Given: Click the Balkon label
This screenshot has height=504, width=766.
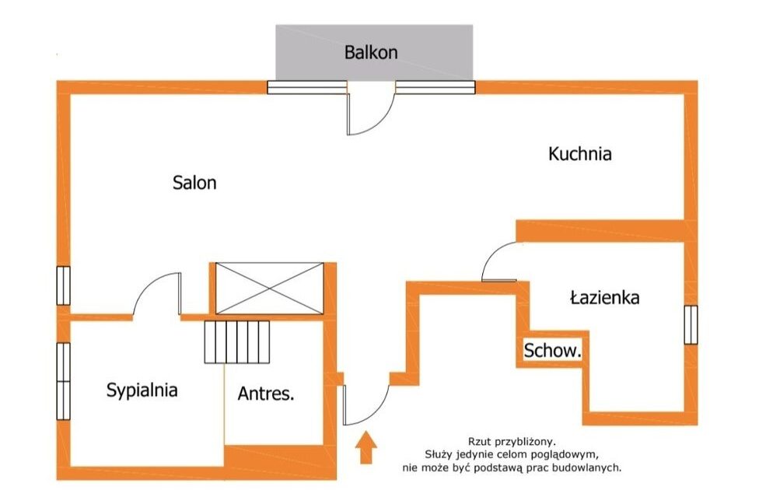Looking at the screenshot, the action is [371, 52].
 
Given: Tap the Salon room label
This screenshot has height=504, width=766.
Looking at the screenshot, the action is [194, 183].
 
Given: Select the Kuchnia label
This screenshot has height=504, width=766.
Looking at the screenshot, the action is [580, 154].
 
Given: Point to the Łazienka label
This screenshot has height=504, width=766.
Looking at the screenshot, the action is [605, 297].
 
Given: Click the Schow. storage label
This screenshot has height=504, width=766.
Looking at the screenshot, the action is [552, 350].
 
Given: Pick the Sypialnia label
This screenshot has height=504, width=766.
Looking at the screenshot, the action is [142, 390].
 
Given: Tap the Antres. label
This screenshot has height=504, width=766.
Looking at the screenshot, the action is [266, 394].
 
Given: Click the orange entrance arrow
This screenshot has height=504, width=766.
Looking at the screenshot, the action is [366, 447].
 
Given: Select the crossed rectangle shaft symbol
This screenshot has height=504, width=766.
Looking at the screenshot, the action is [270, 288].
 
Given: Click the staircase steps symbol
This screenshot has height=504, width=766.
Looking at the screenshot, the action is [237, 342].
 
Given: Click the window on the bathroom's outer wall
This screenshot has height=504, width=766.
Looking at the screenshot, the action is [691, 325].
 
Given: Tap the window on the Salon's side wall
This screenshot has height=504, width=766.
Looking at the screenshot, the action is [64, 285].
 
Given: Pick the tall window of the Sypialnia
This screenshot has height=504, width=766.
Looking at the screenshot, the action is [64, 381].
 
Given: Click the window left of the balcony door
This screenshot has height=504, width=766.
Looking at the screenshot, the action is [307, 87].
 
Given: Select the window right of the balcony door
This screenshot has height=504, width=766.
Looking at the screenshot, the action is [435, 87].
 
